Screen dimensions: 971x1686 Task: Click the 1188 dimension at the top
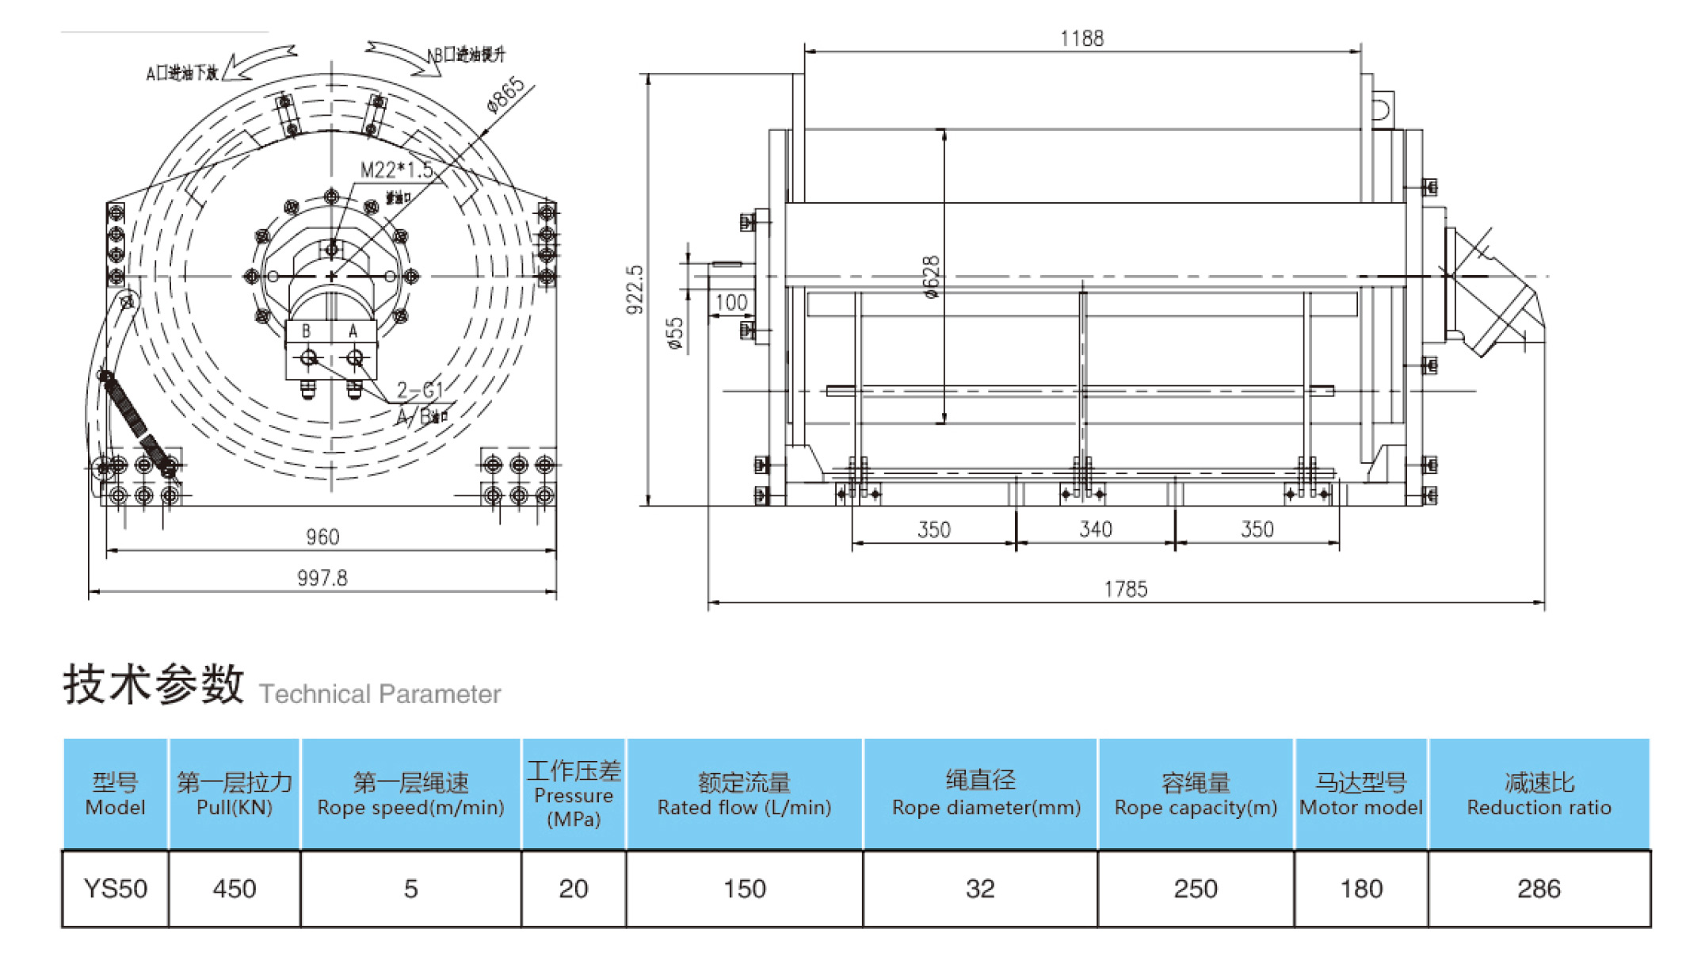[x=1081, y=38]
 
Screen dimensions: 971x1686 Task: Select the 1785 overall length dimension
[x=1125, y=589]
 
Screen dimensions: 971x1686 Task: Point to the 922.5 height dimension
[x=635, y=289]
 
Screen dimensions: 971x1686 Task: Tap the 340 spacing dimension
[x=1096, y=529]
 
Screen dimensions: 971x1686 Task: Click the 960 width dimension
[x=322, y=537]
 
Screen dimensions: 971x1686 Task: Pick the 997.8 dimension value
[x=322, y=578]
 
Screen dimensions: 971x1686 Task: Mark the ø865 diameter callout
[x=505, y=95]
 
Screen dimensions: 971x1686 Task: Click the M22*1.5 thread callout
[x=396, y=170]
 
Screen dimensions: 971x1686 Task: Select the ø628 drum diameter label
[x=932, y=277]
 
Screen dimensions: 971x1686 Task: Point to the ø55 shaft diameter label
[x=674, y=334]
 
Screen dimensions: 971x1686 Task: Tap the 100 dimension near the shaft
[x=730, y=302]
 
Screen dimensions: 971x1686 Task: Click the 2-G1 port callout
[x=419, y=390]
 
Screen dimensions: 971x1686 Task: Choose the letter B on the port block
[x=306, y=331]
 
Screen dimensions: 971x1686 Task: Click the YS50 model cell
[x=116, y=889]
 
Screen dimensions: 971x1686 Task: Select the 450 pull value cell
[x=235, y=889]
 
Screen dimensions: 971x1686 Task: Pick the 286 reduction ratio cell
[x=1539, y=889]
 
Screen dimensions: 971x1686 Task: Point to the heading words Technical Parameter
[x=380, y=694]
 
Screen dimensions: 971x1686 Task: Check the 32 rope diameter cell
[x=980, y=889]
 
